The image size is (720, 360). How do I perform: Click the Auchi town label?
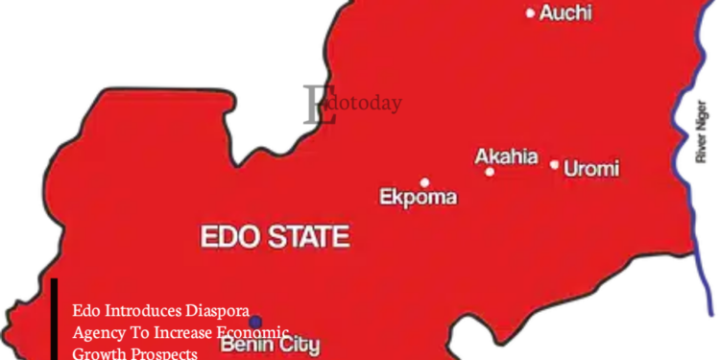click(x=565, y=13)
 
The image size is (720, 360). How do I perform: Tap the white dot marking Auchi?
click(x=531, y=13)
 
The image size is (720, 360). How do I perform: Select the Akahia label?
click(x=506, y=157)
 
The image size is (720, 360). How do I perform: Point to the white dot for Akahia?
click(x=490, y=172)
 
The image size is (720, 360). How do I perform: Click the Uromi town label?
click(x=591, y=170)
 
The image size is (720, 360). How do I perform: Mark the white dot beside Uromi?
click(x=554, y=165)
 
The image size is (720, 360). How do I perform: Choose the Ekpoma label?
click(x=418, y=199)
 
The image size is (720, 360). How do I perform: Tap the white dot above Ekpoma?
click(x=424, y=181)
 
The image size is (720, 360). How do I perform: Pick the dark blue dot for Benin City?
click(x=255, y=322)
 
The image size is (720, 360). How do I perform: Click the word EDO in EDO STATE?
click(x=228, y=236)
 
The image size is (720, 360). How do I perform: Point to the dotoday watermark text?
click(x=362, y=102)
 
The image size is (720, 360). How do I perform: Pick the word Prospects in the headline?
click(x=162, y=353)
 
